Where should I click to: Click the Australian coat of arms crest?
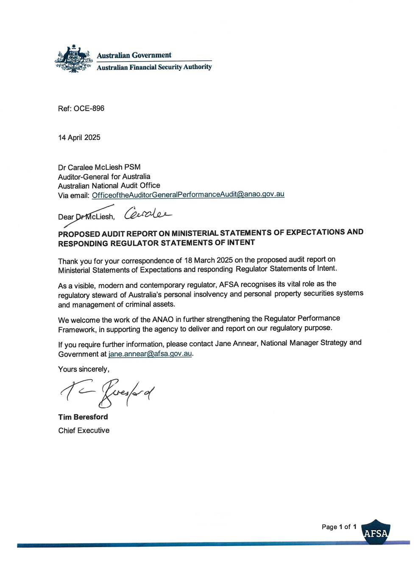pyautogui.click(x=74, y=59)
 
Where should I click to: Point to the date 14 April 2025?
pyautogui.click(x=79, y=137)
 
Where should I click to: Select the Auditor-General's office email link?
pyautogui.click(x=188, y=195)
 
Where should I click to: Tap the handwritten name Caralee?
pyautogui.click(x=148, y=213)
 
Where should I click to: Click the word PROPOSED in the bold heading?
pyautogui.click(x=79, y=234)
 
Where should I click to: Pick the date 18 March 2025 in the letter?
pyautogui.click(x=208, y=260)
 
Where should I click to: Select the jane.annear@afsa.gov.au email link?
pyautogui.click(x=150, y=354)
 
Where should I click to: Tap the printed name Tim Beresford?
pyautogui.click(x=83, y=417)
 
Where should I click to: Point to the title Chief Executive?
pyautogui.click(x=84, y=430)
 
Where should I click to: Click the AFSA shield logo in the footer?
pyautogui.click(x=376, y=532)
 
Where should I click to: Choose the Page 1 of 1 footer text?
pyautogui.click(x=339, y=527)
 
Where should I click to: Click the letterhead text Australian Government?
pyautogui.click(x=134, y=55)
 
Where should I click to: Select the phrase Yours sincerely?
pyautogui.click(x=84, y=369)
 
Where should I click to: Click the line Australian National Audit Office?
pyautogui.click(x=109, y=185)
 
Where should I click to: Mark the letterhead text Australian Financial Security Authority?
pyautogui.click(x=154, y=67)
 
